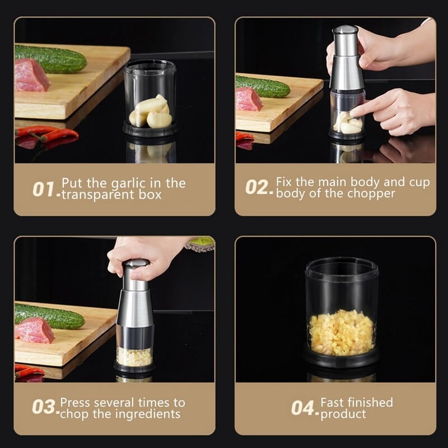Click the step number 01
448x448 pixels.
45,189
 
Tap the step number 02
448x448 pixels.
259,186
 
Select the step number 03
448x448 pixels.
44,407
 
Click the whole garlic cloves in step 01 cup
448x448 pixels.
148,111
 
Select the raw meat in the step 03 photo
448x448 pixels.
35,330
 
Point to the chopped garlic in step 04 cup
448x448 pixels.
341,333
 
